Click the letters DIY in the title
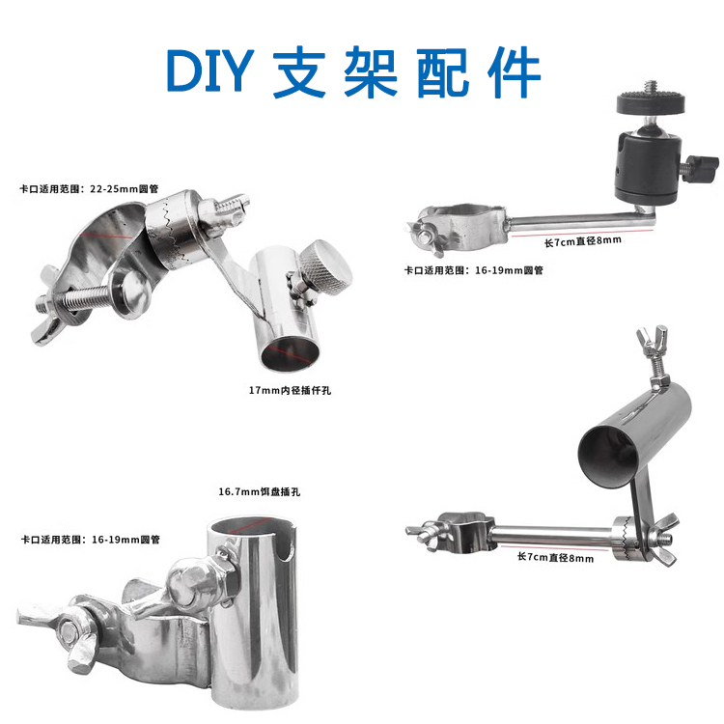tap(210, 70)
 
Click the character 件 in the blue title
tap(514, 71)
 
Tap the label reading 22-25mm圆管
tap(125, 188)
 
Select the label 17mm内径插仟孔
tap(290, 390)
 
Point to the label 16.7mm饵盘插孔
tap(260, 491)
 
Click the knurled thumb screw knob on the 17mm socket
tap(327, 265)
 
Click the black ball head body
tap(648, 165)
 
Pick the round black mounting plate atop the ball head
tap(651, 102)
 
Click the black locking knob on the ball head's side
tap(701, 169)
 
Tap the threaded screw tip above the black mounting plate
tap(651, 86)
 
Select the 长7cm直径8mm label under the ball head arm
tap(583, 241)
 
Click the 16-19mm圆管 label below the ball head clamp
tap(509, 270)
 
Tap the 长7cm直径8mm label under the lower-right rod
tap(555, 557)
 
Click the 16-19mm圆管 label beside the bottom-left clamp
tap(125, 540)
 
